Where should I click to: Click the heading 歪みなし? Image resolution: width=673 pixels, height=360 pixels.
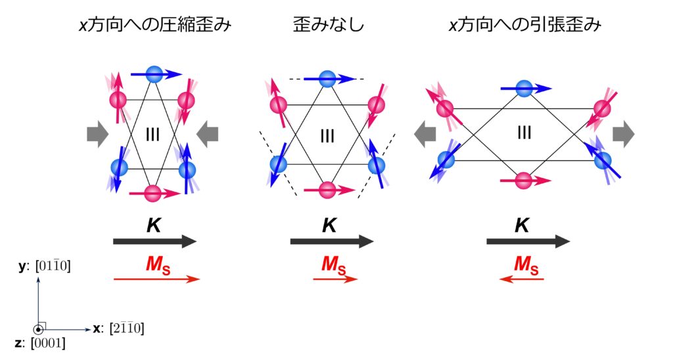point(329,24)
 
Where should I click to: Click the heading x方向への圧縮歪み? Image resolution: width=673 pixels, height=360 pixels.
point(155,24)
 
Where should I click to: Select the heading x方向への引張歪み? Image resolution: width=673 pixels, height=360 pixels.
point(525,24)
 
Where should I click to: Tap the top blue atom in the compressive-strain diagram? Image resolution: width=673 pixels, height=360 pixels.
point(154,74)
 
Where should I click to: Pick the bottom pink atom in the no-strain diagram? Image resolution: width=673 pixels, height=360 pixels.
point(327,189)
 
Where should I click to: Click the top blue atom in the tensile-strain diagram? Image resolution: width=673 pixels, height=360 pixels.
point(524,89)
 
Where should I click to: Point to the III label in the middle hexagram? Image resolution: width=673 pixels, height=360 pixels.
point(327,137)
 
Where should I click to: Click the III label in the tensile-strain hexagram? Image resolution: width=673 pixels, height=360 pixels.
point(524,133)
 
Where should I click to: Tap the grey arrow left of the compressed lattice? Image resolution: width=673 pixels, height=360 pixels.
point(97,134)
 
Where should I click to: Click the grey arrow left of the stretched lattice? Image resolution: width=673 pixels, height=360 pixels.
point(425,134)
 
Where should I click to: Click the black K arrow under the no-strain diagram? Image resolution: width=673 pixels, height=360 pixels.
point(332,242)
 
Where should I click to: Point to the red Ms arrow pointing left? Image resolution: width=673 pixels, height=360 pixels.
point(521,279)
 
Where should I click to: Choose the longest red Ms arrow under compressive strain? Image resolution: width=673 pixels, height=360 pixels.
point(156,279)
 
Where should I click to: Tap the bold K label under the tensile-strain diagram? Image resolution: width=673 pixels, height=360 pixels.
point(522,225)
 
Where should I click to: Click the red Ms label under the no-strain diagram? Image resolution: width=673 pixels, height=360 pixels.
point(333,264)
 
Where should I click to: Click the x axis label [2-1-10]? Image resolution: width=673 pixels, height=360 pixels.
point(118,328)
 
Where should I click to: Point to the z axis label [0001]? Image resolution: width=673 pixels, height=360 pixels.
point(40,344)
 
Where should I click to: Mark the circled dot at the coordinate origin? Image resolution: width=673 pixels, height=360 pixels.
point(38,330)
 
